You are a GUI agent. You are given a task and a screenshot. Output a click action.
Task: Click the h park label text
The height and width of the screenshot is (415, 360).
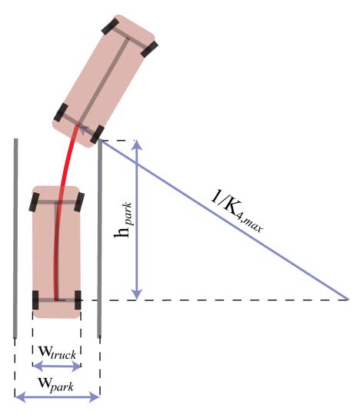coord(123,220)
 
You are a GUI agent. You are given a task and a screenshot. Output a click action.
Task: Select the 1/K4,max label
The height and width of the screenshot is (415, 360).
coord(237,211)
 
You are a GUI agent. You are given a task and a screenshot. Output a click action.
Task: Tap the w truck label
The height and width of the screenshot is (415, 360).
coord(58,353)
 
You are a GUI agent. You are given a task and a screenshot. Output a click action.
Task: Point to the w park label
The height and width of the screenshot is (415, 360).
coord(56,384)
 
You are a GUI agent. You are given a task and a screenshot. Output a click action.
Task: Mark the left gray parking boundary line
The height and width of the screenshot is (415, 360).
coord(16,238)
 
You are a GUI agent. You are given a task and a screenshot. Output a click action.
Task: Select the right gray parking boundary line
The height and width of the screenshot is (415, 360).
coord(99,238)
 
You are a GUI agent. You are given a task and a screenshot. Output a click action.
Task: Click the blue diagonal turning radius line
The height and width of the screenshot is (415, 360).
coord(225,221)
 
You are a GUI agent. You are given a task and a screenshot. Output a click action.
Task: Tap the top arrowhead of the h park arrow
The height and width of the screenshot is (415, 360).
coord(137,145)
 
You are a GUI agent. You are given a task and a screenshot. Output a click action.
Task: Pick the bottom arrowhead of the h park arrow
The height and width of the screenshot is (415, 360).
coord(137,294)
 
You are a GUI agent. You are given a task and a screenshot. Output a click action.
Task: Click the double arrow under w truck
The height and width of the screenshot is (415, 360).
coord(57,366)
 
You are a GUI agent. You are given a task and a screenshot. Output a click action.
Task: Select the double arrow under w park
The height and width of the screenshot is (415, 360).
coord(57,397)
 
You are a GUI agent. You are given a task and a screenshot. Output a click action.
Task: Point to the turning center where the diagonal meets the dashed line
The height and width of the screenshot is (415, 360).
coord(348,300)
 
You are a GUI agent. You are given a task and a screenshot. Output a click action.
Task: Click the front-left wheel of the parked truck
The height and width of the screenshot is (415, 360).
coord(34,202)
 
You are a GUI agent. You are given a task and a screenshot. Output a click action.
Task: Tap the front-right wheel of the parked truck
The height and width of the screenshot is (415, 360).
coord(79,202)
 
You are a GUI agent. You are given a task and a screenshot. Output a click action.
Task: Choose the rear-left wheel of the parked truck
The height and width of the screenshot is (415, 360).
coord(35,300)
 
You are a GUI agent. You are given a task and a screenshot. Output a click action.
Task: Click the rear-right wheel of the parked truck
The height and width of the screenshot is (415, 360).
coord(78,300)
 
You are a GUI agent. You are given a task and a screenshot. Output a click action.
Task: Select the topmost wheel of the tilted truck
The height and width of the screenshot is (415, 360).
coord(110,25)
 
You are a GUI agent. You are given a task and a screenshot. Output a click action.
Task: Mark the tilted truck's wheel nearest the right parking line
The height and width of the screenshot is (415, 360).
coord(97,135)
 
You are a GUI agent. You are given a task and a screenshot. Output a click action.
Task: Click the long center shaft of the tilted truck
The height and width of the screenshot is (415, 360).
coord(104,81)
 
